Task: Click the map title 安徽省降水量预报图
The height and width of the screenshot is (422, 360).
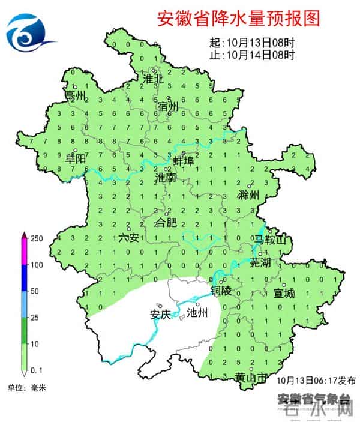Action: (238, 18)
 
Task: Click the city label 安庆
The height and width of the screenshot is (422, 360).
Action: (160, 313)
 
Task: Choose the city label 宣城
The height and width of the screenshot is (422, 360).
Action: (284, 294)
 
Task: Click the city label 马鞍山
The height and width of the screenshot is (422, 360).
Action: (270, 240)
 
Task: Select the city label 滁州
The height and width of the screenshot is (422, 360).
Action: (248, 195)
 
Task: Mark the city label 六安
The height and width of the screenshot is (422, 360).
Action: (128, 238)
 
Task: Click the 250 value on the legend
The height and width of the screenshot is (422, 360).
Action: (37, 239)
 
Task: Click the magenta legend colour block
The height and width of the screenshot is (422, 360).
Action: (23, 251)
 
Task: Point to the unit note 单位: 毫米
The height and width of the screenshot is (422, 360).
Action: (28, 388)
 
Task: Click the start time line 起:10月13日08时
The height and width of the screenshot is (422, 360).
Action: (252, 43)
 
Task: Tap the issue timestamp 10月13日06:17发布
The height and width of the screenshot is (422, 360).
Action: (317, 381)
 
